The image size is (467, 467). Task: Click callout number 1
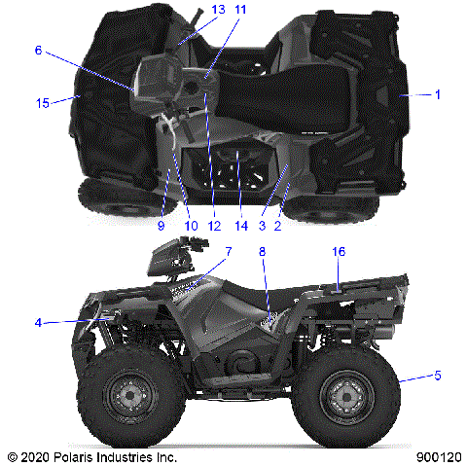[438, 94]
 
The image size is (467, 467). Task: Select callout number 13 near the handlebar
[217, 10]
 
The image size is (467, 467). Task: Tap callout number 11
[241, 10]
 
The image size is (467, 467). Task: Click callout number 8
[262, 252]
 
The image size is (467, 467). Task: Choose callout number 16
[339, 252]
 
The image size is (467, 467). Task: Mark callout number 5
[438, 376]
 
